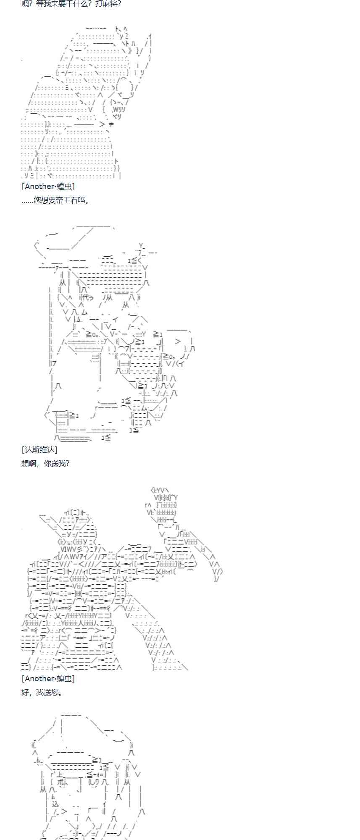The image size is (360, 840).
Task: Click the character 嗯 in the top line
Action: coord(25,4)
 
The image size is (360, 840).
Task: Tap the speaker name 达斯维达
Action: coord(40,450)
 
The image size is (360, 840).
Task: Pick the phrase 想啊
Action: coord(29,463)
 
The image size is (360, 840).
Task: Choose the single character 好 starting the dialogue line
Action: coord(25,692)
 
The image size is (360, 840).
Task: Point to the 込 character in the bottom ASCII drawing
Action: coord(55,804)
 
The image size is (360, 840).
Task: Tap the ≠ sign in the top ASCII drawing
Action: coord(111,124)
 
